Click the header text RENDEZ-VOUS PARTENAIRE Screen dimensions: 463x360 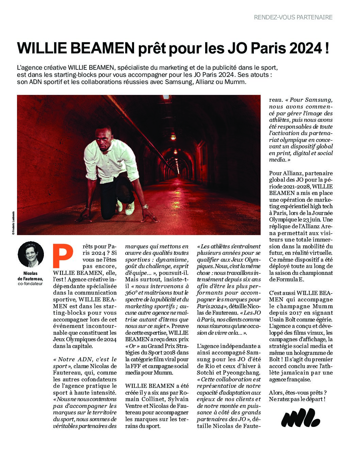(x=293, y=17)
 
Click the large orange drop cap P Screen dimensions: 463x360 (x=63, y=256)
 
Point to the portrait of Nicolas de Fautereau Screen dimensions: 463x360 (x=31, y=254)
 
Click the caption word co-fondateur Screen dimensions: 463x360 (x=31, y=283)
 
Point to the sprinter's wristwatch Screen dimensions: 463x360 (x=145, y=206)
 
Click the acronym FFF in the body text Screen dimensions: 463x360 (x=131, y=366)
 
